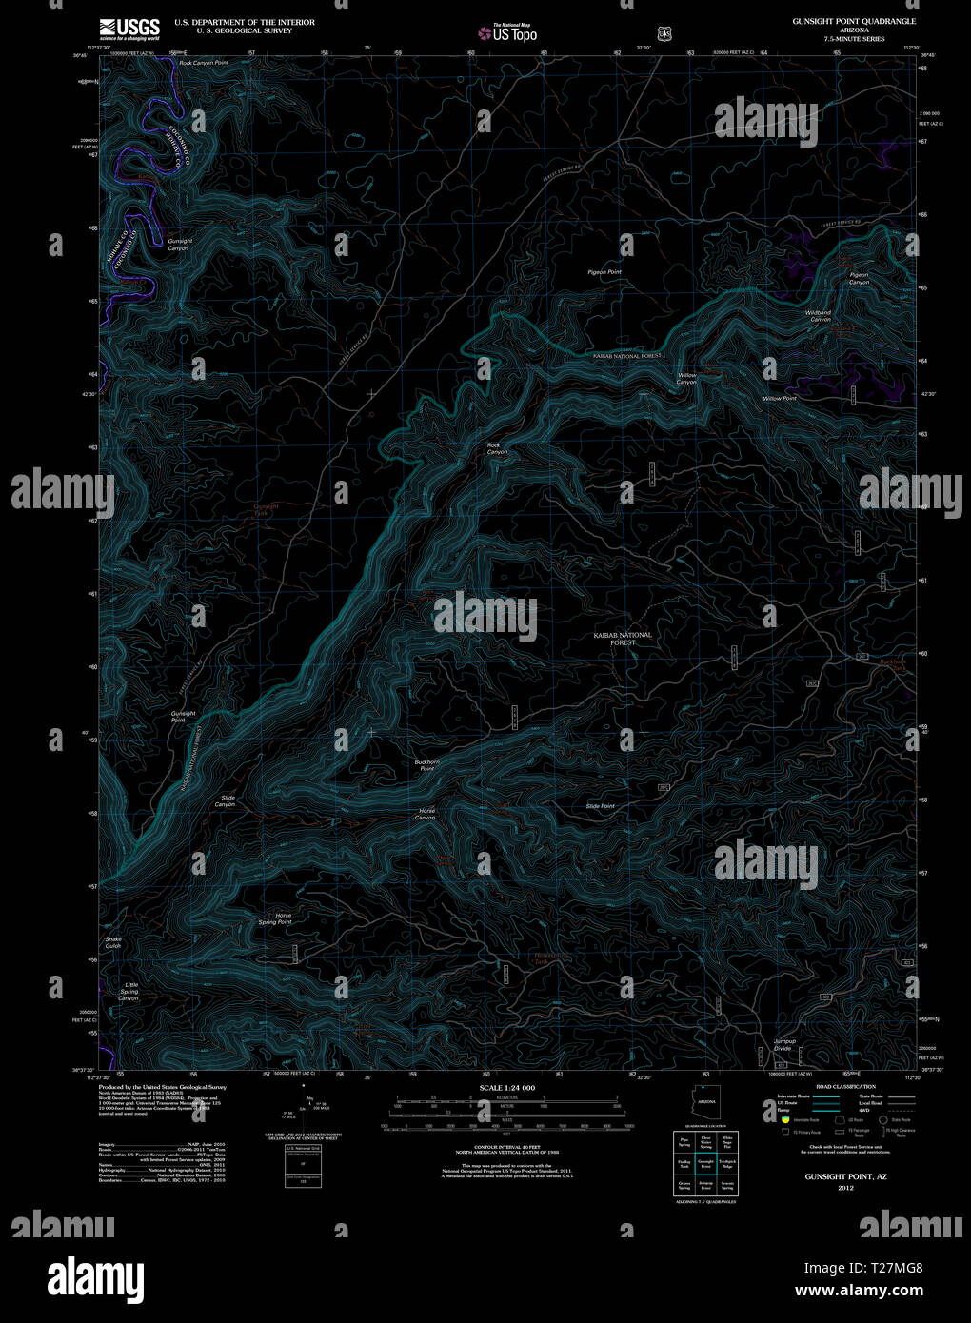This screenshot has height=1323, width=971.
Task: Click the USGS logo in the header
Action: (x=129, y=27)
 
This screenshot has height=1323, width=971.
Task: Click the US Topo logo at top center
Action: (x=508, y=33)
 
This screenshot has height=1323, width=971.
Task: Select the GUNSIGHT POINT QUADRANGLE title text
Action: (x=854, y=21)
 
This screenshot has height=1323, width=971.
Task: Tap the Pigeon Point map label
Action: (x=604, y=272)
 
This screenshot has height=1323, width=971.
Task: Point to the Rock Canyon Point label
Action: (x=204, y=63)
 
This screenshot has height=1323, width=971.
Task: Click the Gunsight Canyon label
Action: (x=179, y=245)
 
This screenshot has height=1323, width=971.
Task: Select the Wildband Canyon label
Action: (x=818, y=316)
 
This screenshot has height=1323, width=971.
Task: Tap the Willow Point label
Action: (x=779, y=399)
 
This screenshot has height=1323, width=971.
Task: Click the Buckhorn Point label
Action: (x=427, y=764)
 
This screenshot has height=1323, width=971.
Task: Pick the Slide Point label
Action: (x=600, y=806)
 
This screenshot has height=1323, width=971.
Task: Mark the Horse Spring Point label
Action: (x=275, y=918)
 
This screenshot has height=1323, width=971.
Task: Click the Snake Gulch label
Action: (x=113, y=942)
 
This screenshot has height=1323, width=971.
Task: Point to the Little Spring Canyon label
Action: (x=129, y=992)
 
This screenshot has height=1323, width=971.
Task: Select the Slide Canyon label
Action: (x=226, y=801)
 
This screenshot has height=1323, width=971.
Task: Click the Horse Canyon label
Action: (x=426, y=814)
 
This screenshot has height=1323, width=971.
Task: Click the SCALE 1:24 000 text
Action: (x=507, y=1088)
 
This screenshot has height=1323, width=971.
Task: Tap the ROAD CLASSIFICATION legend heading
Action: (x=839, y=1086)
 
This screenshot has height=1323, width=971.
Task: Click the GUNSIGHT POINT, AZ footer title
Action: (x=838, y=1176)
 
